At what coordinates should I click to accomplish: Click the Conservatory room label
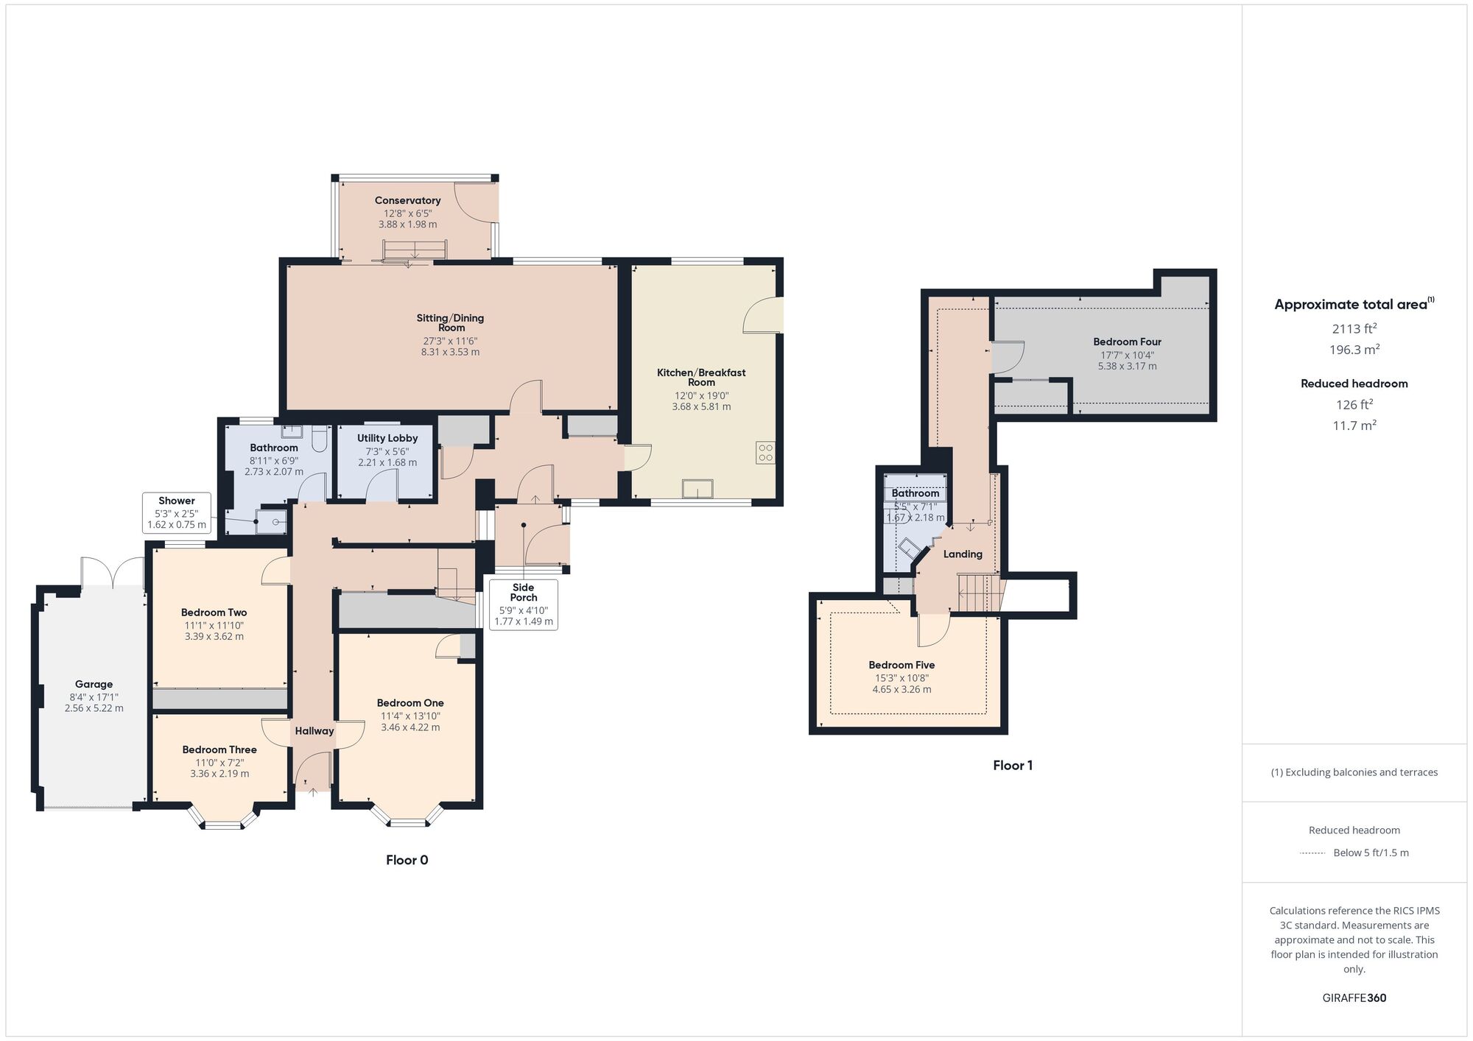pyautogui.click(x=407, y=200)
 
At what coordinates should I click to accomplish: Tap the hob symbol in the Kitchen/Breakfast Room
pyautogui.click(x=764, y=453)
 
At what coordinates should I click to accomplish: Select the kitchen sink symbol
pyautogui.click(x=697, y=489)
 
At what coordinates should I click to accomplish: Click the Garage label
pyautogui.click(x=94, y=684)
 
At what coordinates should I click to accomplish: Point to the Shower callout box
pyautogui.click(x=177, y=512)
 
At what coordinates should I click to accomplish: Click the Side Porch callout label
pyautogui.click(x=524, y=593)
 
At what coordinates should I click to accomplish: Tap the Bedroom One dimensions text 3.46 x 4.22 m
pyautogui.click(x=410, y=727)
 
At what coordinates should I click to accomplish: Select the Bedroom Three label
pyautogui.click(x=219, y=749)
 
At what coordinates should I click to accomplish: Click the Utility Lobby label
pyautogui.click(x=387, y=438)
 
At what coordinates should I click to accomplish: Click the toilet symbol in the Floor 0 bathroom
pyautogui.click(x=320, y=440)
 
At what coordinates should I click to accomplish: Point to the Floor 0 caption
pyautogui.click(x=407, y=860)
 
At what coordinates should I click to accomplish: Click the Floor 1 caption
pyautogui.click(x=1013, y=765)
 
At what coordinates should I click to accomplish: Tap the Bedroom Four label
pyautogui.click(x=1127, y=342)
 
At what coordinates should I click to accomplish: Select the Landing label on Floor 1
pyautogui.click(x=963, y=554)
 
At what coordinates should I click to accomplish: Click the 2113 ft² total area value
pyautogui.click(x=1354, y=328)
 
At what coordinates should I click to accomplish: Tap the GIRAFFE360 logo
pyautogui.click(x=1354, y=998)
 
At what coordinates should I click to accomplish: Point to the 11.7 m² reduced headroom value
pyautogui.click(x=1354, y=425)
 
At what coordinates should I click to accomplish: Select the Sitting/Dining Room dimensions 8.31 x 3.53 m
pyautogui.click(x=450, y=352)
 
